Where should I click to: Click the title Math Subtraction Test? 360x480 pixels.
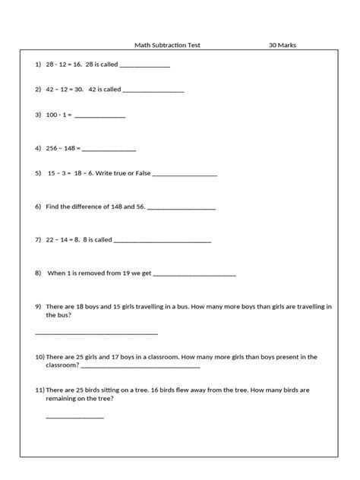(168, 45)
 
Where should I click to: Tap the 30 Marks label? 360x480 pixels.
(283, 45)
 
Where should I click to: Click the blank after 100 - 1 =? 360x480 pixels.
(99, 117)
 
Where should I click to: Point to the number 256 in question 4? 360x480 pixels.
(52, 148)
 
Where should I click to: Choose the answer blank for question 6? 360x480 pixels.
(181, 208)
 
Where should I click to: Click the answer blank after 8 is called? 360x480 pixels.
(163, 241)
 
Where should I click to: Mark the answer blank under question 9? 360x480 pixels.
(96, 333)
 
